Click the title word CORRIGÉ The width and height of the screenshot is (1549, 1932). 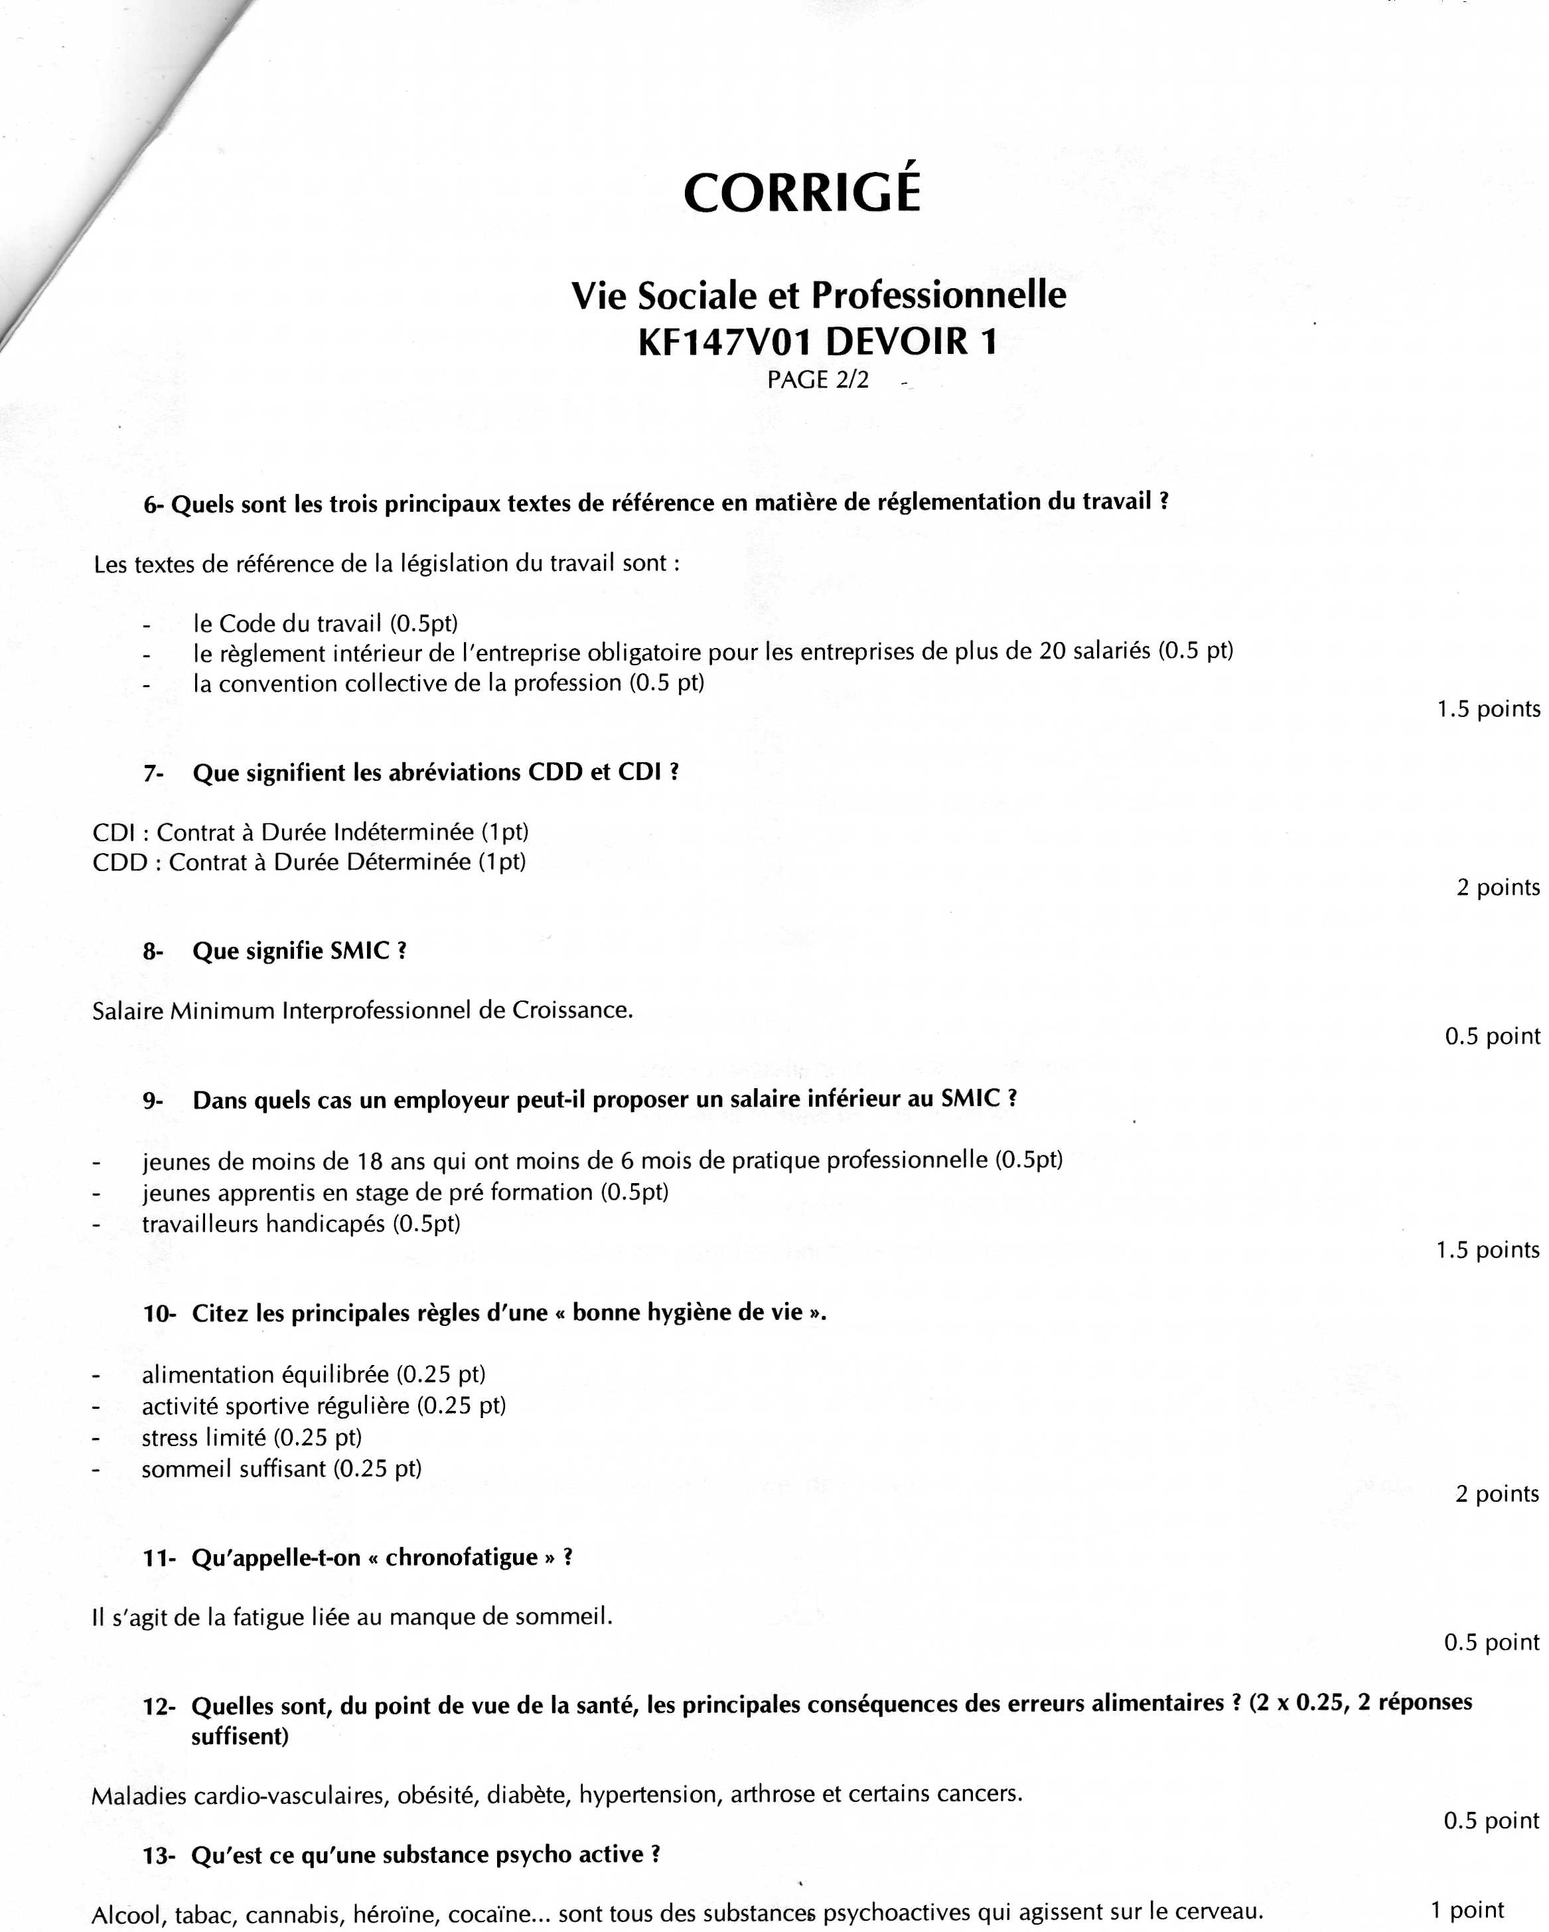tap(802, 192)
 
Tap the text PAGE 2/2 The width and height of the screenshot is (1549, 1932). tap(817, 380)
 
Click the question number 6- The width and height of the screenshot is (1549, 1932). tap(154, 505)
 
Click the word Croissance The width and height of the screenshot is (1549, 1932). tap(571, 1010)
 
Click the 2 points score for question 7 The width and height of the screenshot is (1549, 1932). tap(1497, 888)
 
